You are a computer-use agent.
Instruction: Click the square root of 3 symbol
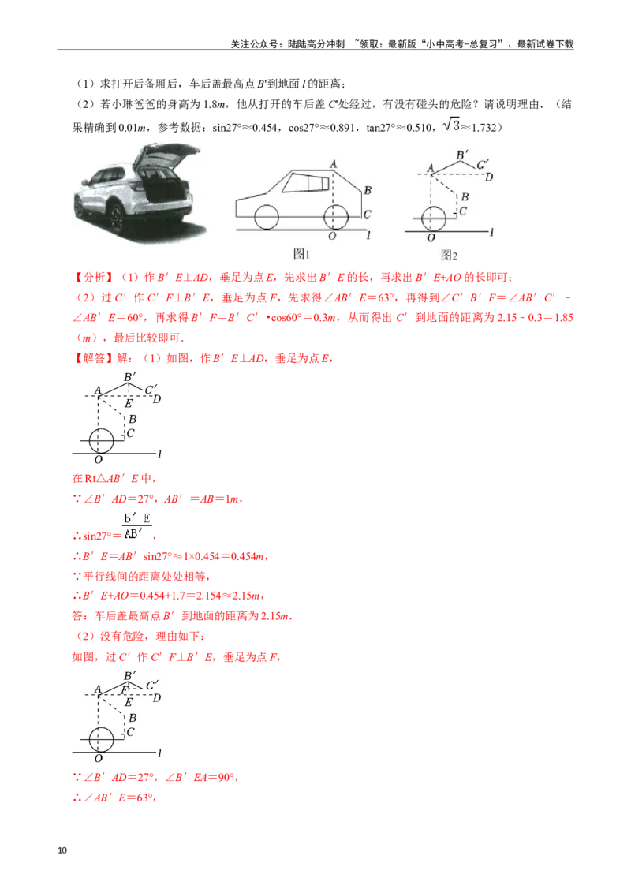point(453,124)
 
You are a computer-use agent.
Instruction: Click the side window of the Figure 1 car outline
point(308,185)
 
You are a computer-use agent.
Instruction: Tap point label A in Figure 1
point(334,163)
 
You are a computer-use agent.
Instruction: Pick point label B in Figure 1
point(368,190)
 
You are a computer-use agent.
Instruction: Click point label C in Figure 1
point(368,214)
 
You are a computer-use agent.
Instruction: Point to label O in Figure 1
point(332,236)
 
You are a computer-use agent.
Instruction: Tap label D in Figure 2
point(489,176)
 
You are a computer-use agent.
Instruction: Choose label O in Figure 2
point(431,237)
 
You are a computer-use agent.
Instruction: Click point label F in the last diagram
point(125,689)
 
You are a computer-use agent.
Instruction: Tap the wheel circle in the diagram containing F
point(100,739)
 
